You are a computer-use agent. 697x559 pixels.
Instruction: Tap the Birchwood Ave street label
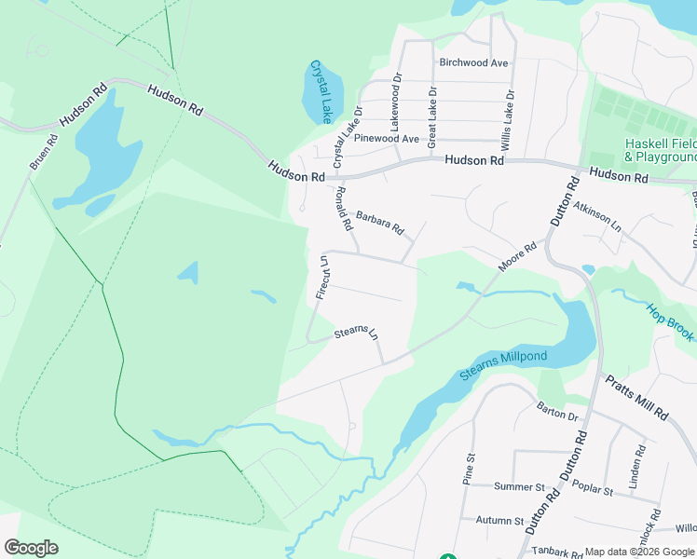473,63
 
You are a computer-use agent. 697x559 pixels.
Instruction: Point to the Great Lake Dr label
431,118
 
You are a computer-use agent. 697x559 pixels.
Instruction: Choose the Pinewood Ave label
390,139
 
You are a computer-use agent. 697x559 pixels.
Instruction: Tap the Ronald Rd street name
344,209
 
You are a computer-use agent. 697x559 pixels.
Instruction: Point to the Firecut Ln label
321,278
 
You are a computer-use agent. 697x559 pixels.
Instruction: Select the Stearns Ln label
358,333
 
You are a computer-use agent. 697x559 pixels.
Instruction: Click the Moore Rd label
517,256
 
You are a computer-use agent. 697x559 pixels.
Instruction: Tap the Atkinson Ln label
597,217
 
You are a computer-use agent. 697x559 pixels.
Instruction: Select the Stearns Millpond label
503,366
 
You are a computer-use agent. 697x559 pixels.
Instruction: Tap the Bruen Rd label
44,152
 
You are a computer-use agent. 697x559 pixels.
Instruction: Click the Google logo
31,547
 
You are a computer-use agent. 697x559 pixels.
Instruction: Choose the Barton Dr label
558,412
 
